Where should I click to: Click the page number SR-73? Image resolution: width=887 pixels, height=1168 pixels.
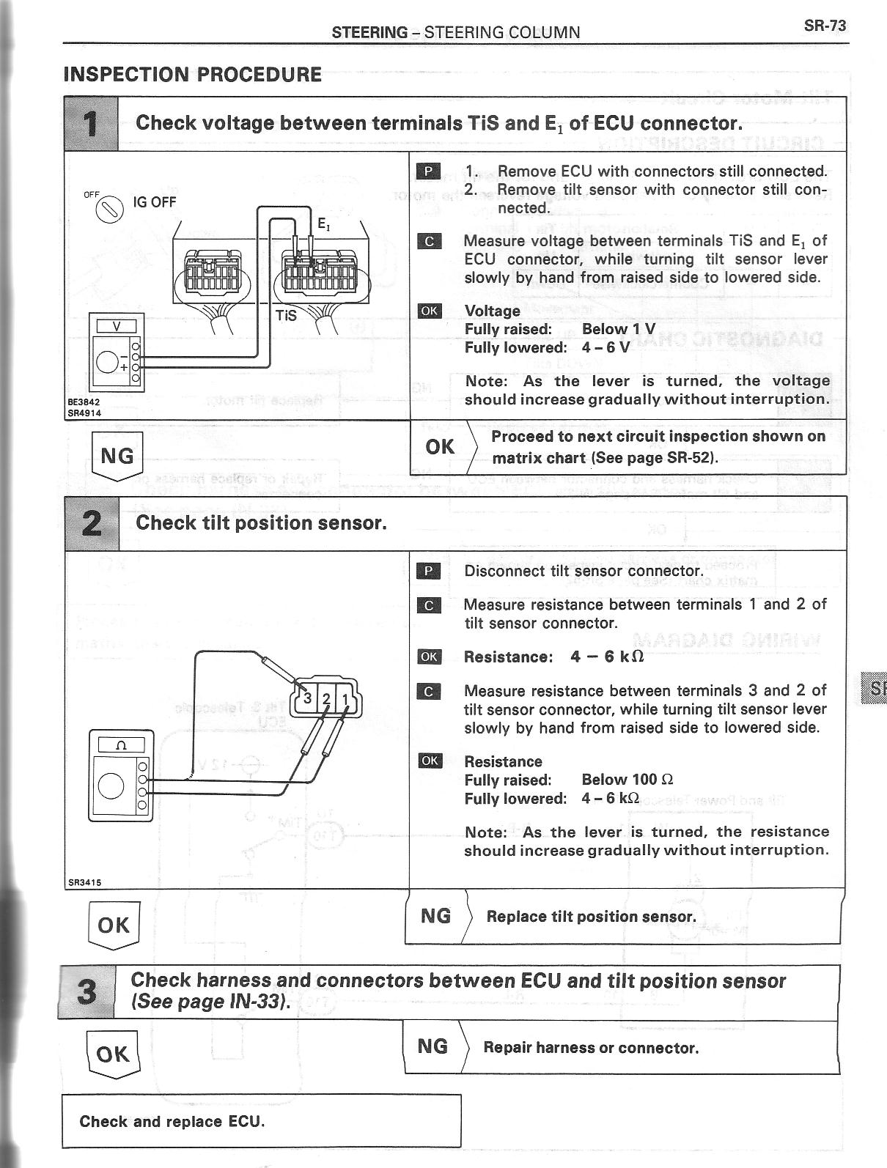(825, 26)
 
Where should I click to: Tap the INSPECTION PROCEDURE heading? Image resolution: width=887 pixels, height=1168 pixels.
(192, 75)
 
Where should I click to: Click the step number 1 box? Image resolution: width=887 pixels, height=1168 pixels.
(92, 124)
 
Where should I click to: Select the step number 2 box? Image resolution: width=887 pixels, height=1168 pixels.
(92, 523)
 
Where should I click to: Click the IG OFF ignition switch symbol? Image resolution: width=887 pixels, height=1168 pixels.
(108, 208)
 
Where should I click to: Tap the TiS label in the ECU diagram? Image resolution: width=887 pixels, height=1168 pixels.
(286, 315)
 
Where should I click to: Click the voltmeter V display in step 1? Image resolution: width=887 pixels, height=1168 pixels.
(117, 324)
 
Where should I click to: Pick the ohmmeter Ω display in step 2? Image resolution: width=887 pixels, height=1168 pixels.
(121, 745)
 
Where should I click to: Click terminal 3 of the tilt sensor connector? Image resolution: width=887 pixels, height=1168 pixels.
(309, 698)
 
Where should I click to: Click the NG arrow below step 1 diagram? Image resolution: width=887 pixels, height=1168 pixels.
(117, 457)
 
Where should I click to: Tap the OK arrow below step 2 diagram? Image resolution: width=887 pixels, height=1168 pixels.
(113, 925)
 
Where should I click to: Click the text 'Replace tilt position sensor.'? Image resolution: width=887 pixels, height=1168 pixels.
(591, 917)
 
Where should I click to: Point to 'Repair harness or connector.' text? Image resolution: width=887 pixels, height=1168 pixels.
(591, 1048)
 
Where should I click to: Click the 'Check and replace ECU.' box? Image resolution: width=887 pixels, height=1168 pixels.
(261, 1121)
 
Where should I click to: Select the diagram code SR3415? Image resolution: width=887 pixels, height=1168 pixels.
(84, 882)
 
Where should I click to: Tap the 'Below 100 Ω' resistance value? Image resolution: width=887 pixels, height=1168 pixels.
(627, 780)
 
